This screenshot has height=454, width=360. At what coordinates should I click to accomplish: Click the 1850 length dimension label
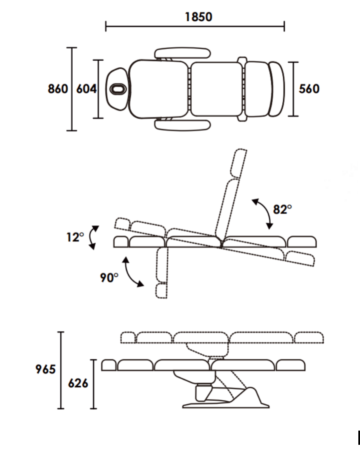tap(198, 17)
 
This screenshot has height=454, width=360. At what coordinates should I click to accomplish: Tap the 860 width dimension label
tap(58, 89)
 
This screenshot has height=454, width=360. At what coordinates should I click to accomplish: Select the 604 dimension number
tap(86, 89)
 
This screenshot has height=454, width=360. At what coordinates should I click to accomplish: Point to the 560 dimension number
tap(309, 89)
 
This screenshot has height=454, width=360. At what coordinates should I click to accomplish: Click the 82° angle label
tap(282, 209)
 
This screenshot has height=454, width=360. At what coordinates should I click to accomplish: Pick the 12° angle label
tap(75, 237)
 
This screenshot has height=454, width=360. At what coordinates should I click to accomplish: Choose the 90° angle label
tap(109, 278)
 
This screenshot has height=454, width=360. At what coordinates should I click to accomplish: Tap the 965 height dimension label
tap(46, 369)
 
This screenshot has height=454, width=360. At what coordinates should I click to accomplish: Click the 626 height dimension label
tap(78, 383)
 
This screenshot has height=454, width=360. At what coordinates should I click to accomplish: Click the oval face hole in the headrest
tap(117, 89)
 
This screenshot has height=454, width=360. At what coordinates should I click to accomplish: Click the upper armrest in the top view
tap(183, 54)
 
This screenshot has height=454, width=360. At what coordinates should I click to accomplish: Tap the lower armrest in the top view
tap(183, 125)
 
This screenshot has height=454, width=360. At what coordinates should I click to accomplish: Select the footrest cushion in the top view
tap(277, 89)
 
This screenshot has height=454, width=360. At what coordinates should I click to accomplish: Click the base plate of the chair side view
tap(226, 405)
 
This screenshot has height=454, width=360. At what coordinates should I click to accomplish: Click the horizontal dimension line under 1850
tap(195, 26)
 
